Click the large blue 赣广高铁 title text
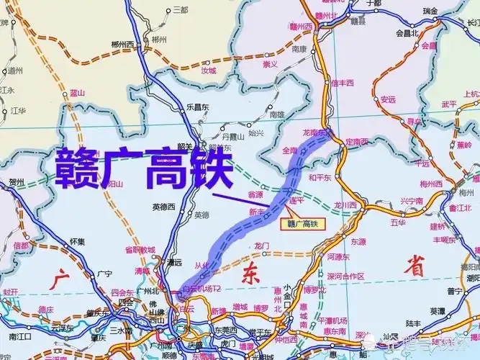pos(144,168)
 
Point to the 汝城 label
pos(208,71)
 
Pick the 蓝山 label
pos(77,93)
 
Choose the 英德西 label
pos(164,207)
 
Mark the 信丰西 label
pos(343,83)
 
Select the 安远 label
pos(388,99)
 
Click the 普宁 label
pos(454,291)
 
